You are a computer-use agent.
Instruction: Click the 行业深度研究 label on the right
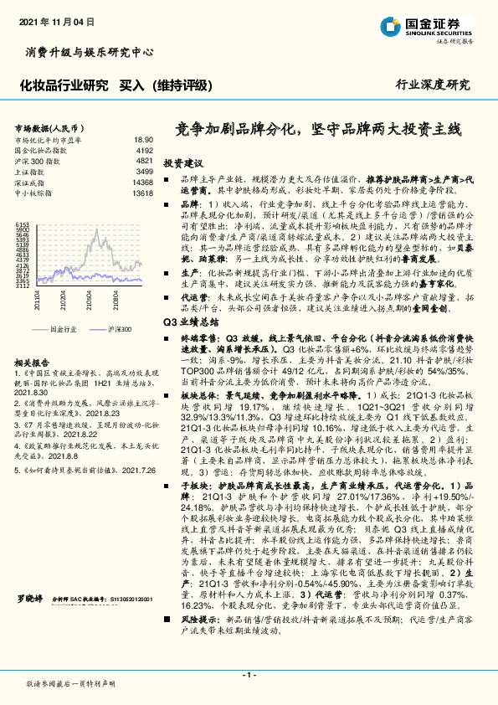coord(434,85)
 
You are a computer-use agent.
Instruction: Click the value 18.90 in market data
coord(143,140)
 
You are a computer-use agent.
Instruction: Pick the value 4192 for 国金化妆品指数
coord(144,150)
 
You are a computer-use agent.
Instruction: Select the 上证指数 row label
coord(33,171)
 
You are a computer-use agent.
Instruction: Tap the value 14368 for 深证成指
coord(142,182)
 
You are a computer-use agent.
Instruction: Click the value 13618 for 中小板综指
coord(142,193)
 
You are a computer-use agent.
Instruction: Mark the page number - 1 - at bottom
coord(249,674)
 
